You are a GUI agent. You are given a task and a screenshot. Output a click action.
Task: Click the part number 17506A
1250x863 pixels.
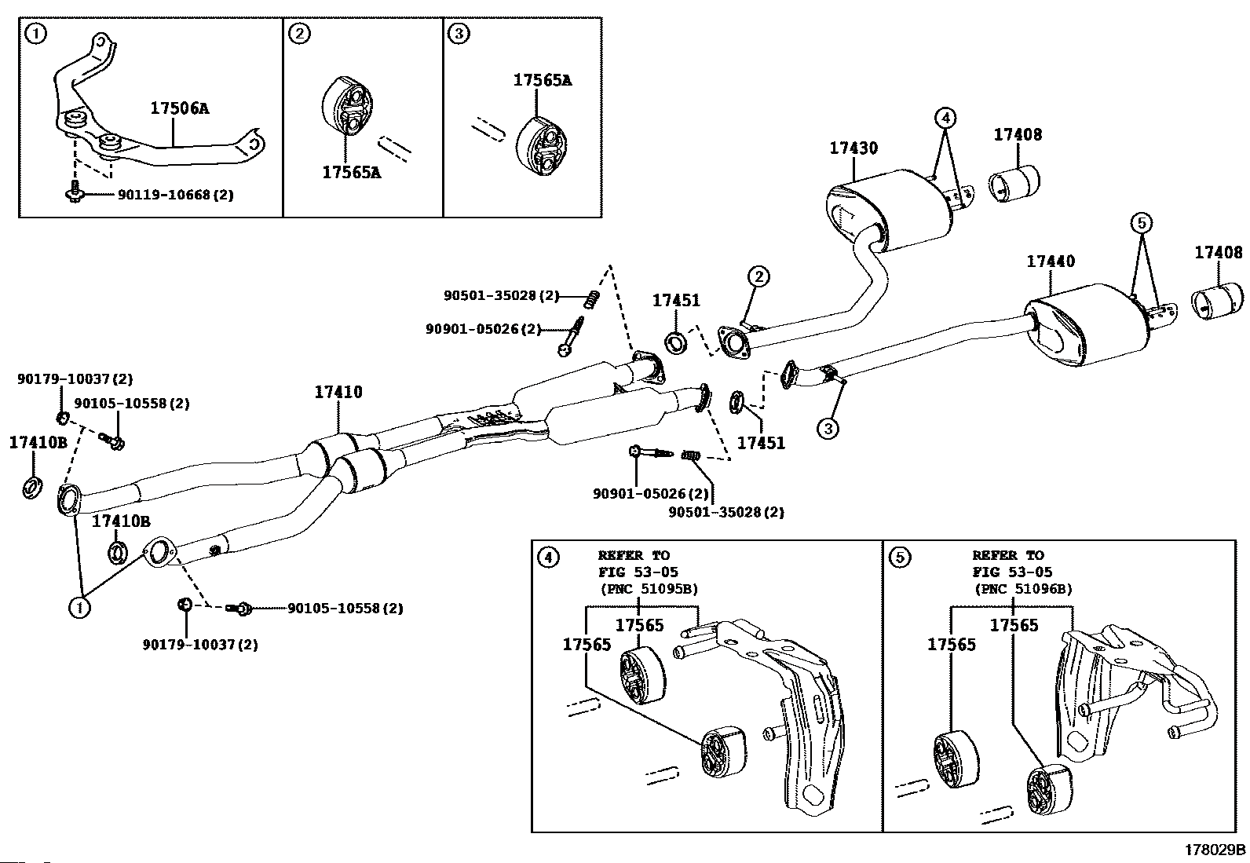(179, 108)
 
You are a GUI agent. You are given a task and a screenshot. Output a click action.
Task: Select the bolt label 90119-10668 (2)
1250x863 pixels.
(175, 195)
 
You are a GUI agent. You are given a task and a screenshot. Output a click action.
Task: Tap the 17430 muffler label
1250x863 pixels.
(853, 148)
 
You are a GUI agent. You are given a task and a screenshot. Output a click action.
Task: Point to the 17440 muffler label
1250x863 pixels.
(1051, 261)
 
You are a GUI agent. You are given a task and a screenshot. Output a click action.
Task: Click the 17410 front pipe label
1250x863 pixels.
(338, 392)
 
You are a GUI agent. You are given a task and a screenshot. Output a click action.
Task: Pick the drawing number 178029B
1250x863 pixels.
(1215, 850)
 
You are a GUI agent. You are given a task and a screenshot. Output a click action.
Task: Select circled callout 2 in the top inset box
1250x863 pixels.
(298, 34)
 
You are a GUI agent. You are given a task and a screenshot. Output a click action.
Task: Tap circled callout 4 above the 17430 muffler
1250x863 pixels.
(945, 119)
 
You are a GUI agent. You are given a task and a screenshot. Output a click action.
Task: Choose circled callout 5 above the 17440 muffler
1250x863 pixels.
(1142, 224)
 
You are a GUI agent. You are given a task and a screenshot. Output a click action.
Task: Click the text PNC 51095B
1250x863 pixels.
(649, 589)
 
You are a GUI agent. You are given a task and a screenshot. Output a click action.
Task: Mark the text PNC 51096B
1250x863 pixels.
(1023, 589)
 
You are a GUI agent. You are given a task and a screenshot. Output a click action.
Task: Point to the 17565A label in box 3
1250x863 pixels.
(542, 80)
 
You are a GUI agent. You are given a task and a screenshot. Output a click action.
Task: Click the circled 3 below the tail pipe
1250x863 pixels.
(828, 428)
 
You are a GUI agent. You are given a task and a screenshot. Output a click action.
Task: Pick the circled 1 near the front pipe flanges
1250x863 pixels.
(79, 606)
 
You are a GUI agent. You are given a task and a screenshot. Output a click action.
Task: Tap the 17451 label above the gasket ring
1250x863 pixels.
(675, 301)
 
